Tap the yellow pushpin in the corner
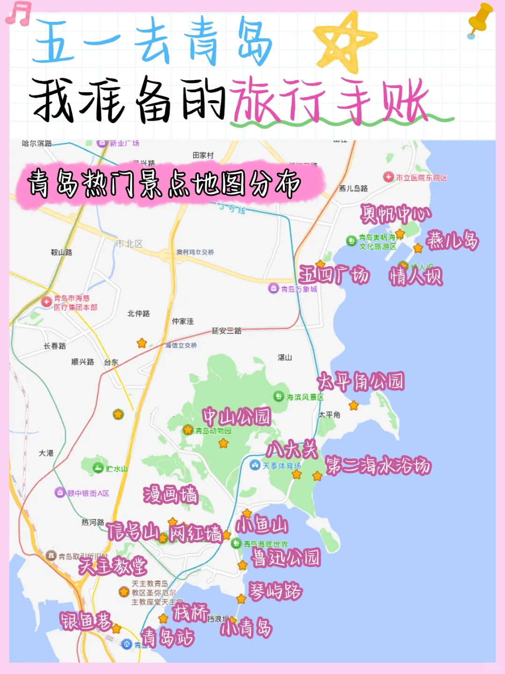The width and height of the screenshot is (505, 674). (480, 20)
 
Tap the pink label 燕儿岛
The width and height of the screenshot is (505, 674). (452, 241)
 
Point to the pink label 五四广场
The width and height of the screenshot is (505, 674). (334, 275)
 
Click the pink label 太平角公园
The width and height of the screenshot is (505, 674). (361, 382)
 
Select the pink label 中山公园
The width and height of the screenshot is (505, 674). (237, 416)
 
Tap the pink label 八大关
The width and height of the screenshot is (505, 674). (292, 450)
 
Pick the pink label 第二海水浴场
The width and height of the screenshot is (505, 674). (378, 466)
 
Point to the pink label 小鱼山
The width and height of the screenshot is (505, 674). (261, 525)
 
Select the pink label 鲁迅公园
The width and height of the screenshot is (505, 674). (286, 557)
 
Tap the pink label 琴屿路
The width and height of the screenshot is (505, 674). (275, 592)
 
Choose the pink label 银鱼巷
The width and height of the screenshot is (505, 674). (86, 621)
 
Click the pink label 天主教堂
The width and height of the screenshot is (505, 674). (113, 566)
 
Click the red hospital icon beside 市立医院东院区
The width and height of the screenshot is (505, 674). (388, 177)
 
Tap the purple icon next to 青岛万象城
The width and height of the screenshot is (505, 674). (274, 288)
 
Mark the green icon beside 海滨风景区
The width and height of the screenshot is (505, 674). (279, 396)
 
